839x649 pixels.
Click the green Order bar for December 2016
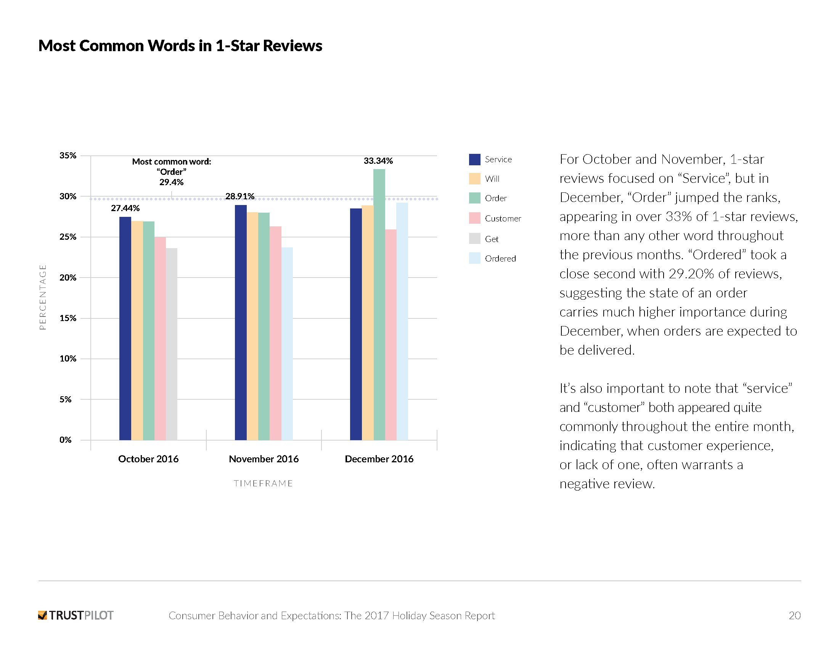(379, 304)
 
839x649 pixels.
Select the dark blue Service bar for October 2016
(125, 328)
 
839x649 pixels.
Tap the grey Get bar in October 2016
(172, 344)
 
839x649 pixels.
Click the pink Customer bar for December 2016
(391, 334)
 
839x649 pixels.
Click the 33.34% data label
(378, 161)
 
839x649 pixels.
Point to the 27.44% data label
(125, 208)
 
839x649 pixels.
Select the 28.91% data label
(240, 197)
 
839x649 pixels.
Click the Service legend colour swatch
(474, 160)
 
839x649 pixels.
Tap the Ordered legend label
(500, 259)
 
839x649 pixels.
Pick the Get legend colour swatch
(474, 239)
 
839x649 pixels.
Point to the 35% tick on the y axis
(68, 156)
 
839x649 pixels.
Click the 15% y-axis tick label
(68, 318)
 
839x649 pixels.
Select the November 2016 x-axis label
(264, 459)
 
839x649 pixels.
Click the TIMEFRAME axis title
(264, 484)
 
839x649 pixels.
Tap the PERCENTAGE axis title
(43, 297)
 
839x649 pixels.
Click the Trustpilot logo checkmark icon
(42, 615)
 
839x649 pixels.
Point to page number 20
(794, 615)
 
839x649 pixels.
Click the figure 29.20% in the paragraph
(691, 274)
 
